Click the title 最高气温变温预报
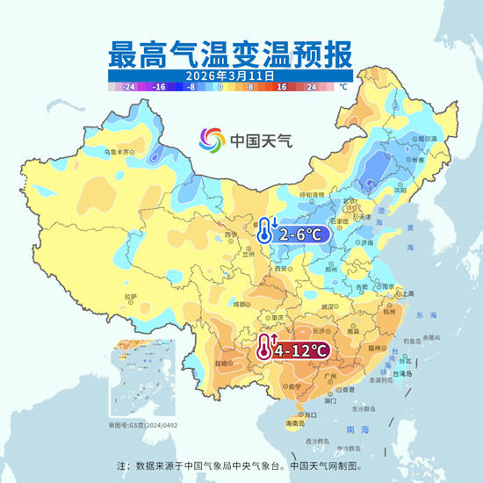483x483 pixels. pos(230,54)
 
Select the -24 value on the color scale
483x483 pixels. pos(128,88)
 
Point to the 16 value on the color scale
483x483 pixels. pos(283,88)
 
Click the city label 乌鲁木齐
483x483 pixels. pos(122,152)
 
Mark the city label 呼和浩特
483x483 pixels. pos(312,194)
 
